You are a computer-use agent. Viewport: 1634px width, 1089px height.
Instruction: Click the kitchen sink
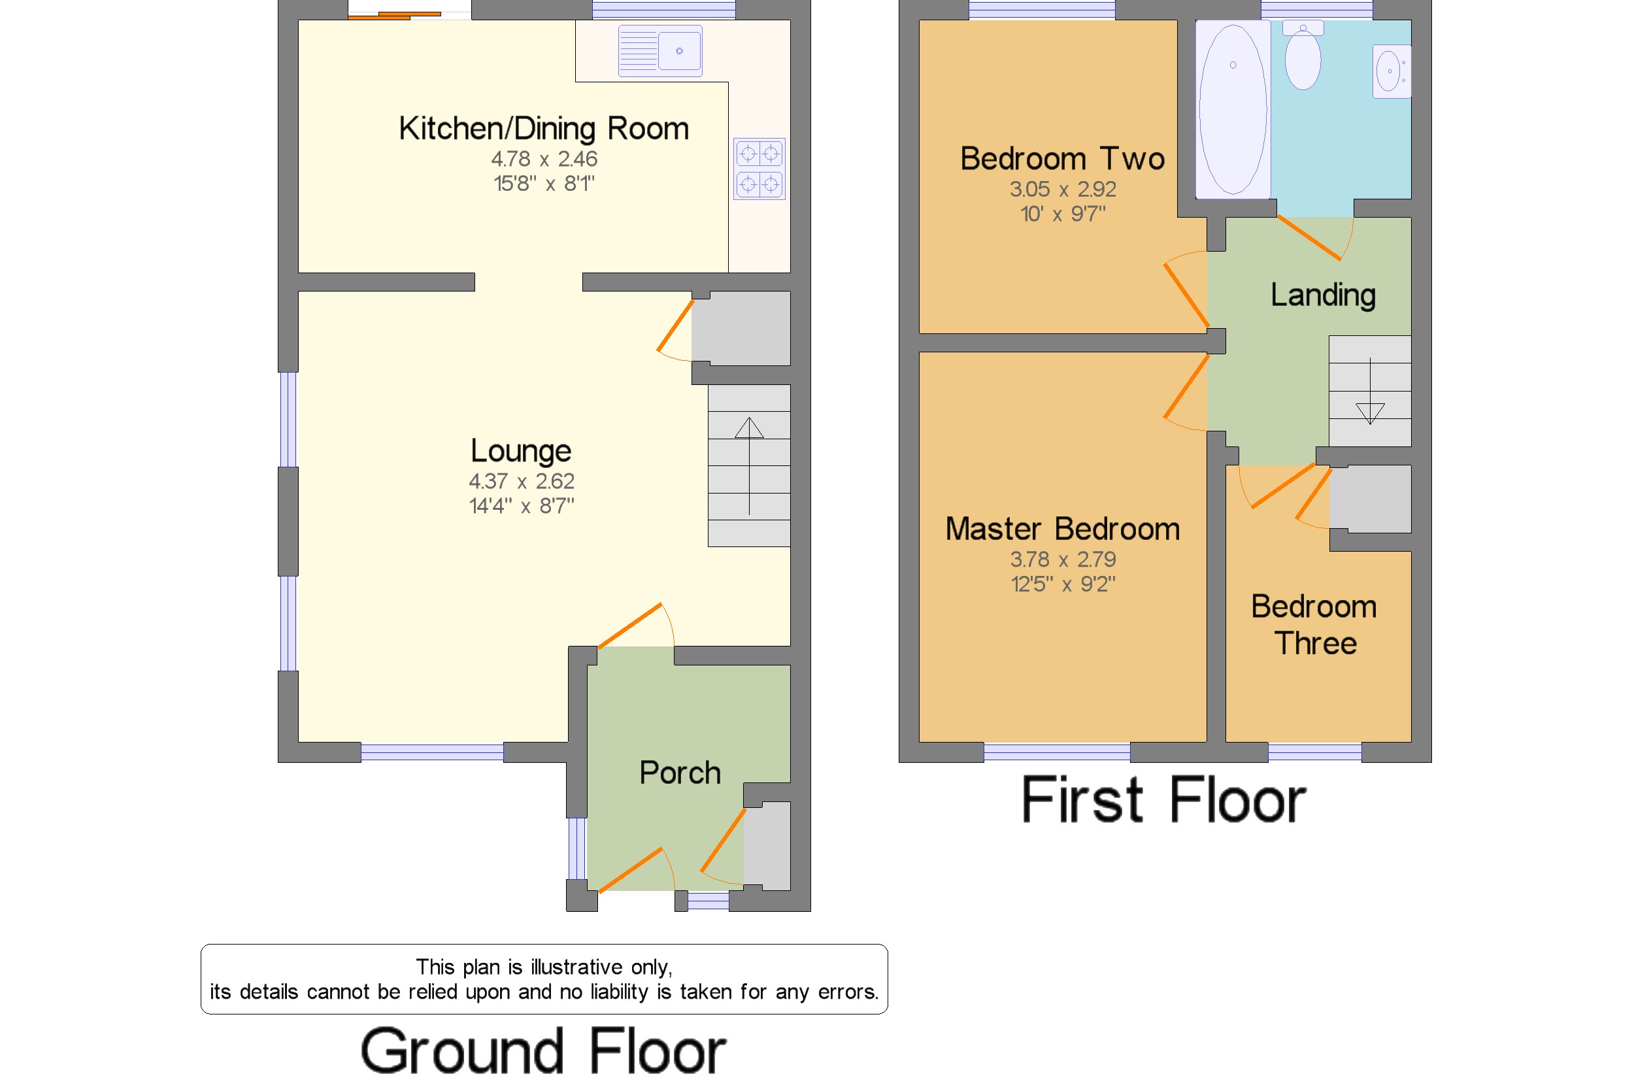[x=659, y=51]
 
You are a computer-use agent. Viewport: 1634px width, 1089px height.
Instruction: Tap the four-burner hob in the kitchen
[x=759, y=169]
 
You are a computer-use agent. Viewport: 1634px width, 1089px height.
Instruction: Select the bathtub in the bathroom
[x=1233, y=110]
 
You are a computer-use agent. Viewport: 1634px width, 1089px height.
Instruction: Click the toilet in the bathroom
[x=1302, y=55]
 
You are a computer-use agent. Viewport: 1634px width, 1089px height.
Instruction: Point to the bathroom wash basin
[x=1392, y=71]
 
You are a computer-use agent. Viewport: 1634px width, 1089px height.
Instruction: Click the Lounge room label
[x=521, y=451]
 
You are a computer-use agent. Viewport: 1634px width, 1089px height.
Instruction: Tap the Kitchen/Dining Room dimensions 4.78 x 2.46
[x=544, y=159]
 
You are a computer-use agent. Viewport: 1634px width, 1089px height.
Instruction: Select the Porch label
[x=680, y=773]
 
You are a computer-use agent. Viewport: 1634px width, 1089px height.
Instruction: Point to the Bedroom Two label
[x=1063, y=158]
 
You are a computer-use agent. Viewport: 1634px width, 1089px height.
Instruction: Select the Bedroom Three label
[x=1314, y=624]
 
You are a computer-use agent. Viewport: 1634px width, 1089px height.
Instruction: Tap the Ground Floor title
[x=543, y=1051]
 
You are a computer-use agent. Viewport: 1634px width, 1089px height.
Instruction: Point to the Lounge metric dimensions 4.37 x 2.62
[x=521, y=481]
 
